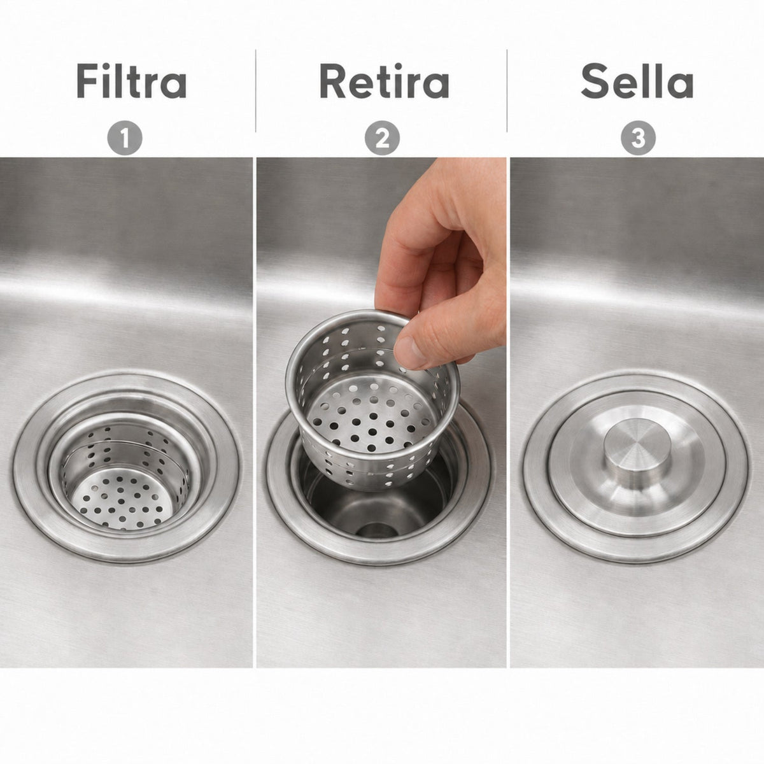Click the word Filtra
[x=131, y=80]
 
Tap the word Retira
[x=384, y=80]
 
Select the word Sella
[x=637, y=80]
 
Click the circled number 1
[x=125, y=138]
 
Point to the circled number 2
[x=382, y=138]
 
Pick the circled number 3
[x=638, y=138]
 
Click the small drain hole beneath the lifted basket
[x=374, y=528]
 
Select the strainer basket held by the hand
[x=372, y=400]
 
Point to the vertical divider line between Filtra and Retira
[x=255, y=91]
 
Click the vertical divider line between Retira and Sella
[x=507, y=91]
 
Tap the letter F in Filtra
[x=87, y=80]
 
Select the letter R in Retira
[x=334, y=80]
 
